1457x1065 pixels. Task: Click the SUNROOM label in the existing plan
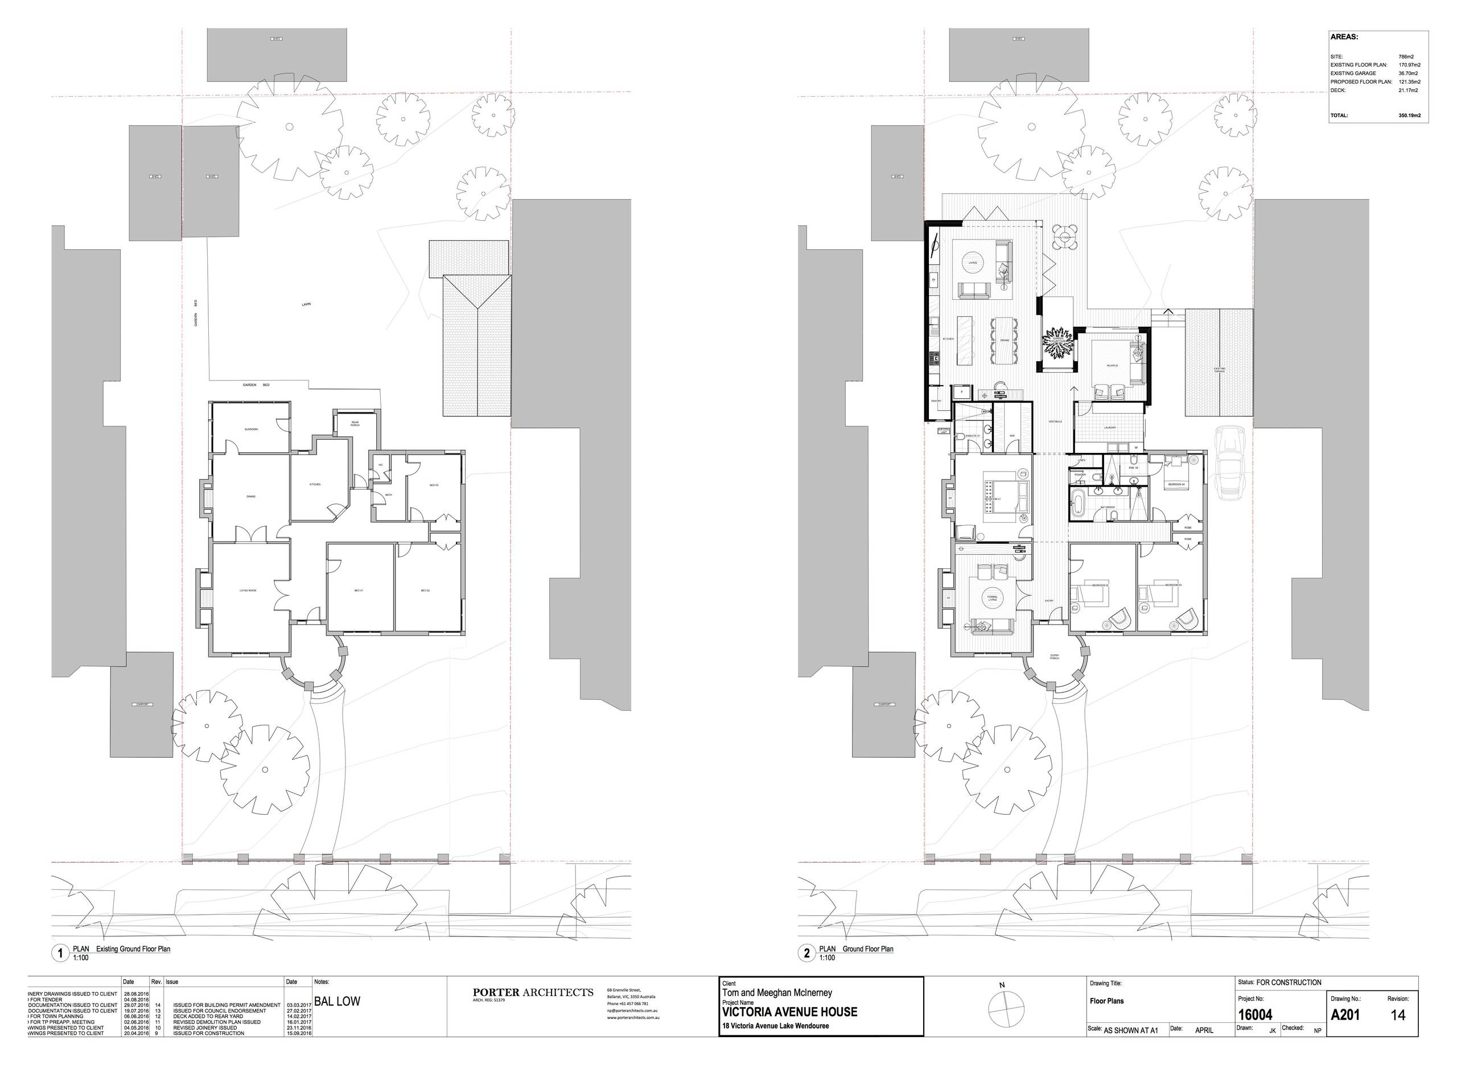pos(251,429)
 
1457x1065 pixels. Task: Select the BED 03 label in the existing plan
pos(434,485)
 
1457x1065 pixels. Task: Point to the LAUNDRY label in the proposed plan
pos(1110,427)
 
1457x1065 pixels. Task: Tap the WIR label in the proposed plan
pos(1012,436)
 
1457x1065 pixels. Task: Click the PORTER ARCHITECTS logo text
pos(533,993)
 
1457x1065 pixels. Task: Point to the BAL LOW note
pos(338,1001)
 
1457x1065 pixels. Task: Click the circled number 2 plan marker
pos(806,953)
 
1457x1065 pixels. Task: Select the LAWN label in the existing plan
pos(306,304)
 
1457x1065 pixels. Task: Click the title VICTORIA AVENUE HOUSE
pos(789,1012)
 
